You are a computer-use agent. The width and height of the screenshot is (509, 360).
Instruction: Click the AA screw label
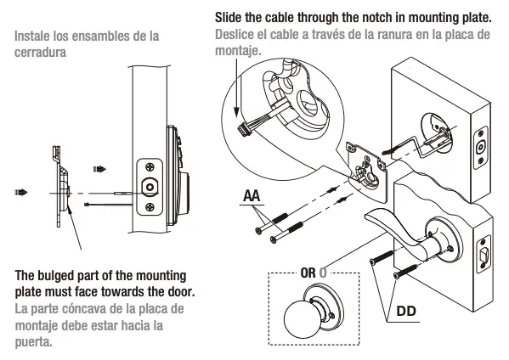point(251,196)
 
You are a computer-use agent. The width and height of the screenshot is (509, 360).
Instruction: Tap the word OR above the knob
point(308,273)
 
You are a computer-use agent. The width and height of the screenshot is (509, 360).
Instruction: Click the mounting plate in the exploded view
point(365,161)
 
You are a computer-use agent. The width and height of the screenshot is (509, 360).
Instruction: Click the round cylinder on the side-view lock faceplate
point(150,187)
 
